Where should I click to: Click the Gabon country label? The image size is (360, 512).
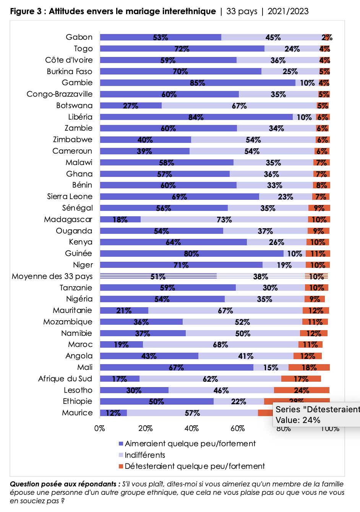click(79, 37)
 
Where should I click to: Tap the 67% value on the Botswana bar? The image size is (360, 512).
click(239, 106)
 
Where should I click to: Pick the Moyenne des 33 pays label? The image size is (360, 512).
click(52, 276)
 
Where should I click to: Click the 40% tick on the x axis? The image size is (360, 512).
click(191, 428)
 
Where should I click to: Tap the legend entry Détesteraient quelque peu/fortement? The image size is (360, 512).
click(194, 466)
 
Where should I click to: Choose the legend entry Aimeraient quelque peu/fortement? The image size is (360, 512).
click(190, 444)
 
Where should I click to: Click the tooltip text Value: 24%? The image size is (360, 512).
click(298, 420)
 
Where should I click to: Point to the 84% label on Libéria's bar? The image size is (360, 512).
click(196, 117)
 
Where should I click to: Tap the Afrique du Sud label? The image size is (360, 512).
click(65, 379)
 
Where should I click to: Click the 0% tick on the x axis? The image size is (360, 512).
click(100, 428)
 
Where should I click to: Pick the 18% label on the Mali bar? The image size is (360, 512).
click(309, 368)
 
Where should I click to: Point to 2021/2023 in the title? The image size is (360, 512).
click(288, 11)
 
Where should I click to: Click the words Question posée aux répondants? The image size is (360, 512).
click(63, 484)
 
